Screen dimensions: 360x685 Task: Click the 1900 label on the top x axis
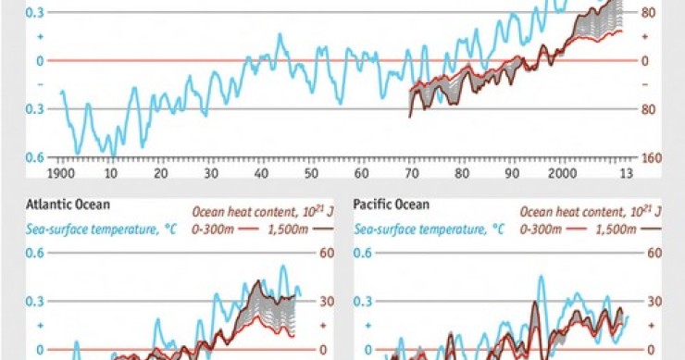click(x=62, y=173)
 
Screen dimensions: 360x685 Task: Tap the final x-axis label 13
click(x=626, y=173)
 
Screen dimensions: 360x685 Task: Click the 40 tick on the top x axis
click(x=261, y=173)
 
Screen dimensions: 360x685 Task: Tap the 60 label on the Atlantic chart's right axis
click(x=326, y=253)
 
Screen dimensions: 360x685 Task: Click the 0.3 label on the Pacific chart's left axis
click(x=362, y=301)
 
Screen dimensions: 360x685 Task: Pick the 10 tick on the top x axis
click(x=111, y=173)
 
